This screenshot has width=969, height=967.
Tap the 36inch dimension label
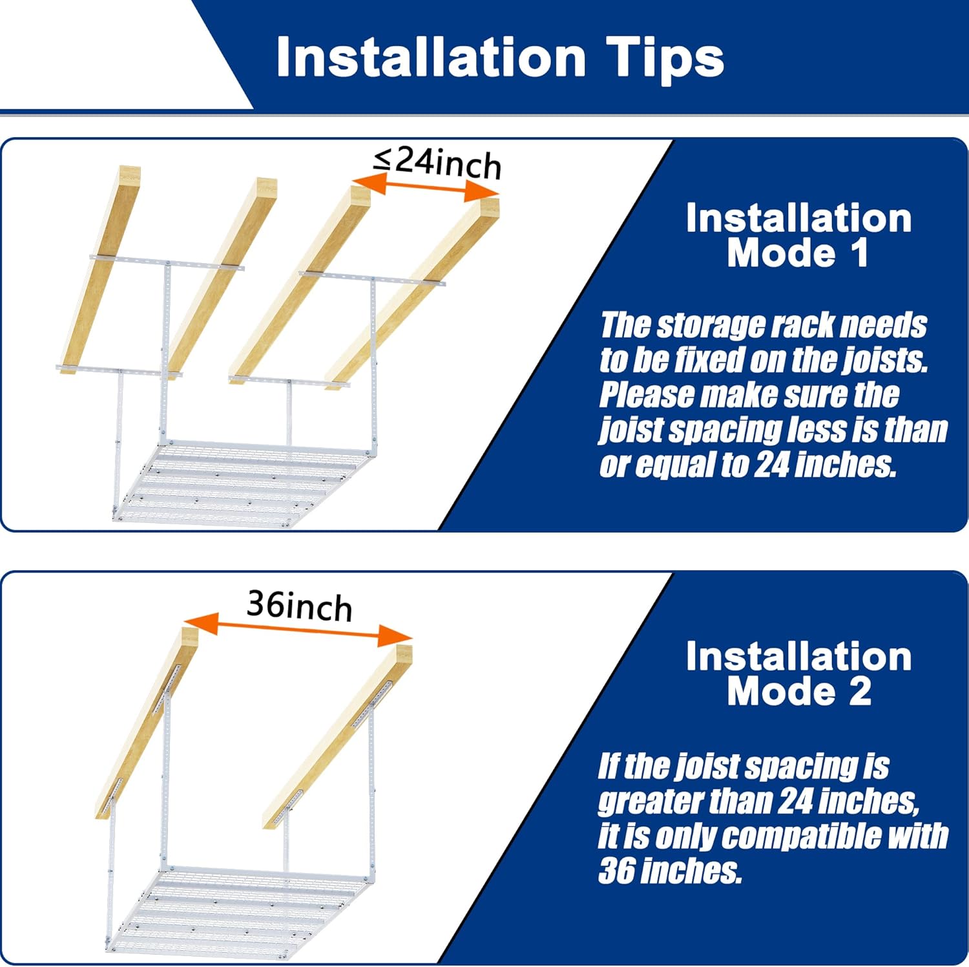pyautogui.click(x=299, y=606)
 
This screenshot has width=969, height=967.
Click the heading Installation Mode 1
pyautogui.click(x=799, y=235)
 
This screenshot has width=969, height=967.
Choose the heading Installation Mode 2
pyautogui.click(x=799, y=674)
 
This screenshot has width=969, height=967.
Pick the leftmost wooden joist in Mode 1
pyautogui.click(x=101, y=269)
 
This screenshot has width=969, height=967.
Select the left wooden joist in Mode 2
pyautogui.click(x=147, y=723)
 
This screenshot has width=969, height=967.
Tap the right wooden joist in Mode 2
pyautogui.click(x=337, y=736)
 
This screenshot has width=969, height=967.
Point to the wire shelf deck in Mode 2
pyautogui.click(x=239, y=909)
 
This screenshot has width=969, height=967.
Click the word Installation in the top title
pyautogui.click(x=431, y=58)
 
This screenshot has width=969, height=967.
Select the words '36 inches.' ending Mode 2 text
pyautogui.click(x=671, y=871)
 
